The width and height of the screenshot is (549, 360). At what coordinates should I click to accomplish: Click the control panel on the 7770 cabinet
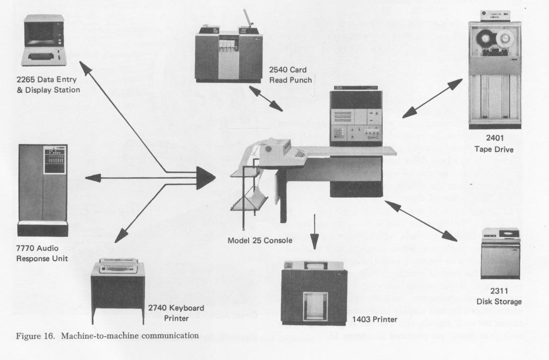(56, 158)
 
